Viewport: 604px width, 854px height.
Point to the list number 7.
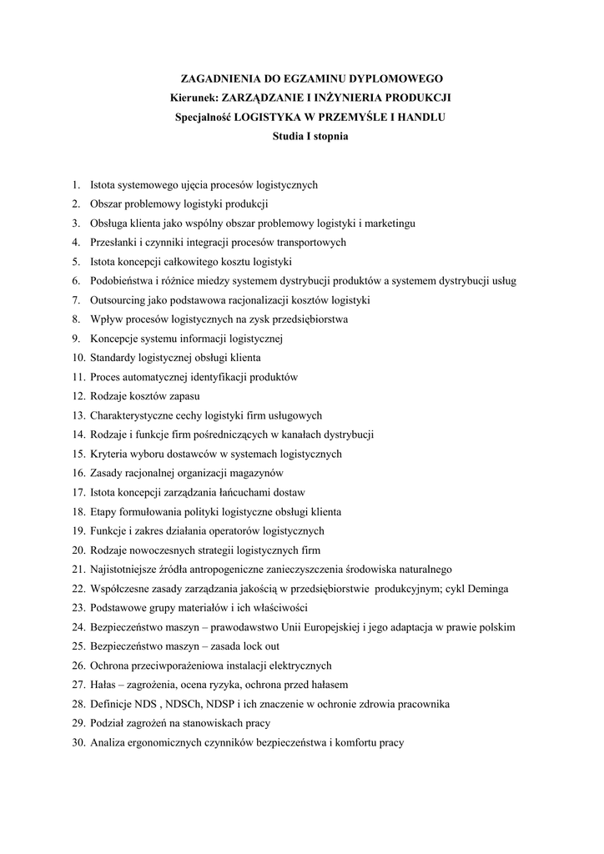[75, 299]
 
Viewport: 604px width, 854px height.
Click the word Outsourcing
[118, 299]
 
